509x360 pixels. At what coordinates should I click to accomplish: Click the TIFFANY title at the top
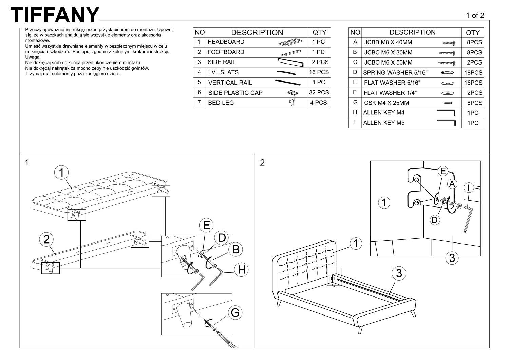coord(55,15)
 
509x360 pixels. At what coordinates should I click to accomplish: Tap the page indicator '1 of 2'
coord(475,15)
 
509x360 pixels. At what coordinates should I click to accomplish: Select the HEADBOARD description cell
coord(226,42)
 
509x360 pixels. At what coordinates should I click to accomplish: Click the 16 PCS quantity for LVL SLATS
coord(319,72)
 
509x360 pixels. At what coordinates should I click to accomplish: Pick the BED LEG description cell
coord(221,103)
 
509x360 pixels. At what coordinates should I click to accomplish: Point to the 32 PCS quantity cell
coord(319,92)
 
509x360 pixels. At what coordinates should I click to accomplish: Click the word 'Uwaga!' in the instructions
coord(33,57)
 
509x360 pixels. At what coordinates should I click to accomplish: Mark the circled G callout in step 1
coord(235,312)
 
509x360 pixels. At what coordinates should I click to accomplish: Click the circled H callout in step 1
coord(242,270)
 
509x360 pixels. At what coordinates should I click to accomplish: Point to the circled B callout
coord(235,250)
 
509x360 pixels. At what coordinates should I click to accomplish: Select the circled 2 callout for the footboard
coord(46,239)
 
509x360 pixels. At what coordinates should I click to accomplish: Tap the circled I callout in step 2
coord(468,187)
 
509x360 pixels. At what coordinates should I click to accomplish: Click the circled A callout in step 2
coord(452,184)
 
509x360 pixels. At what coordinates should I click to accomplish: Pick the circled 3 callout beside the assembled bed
coord(399,273)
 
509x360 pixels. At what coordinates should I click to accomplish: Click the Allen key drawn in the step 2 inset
coord(467,217)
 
